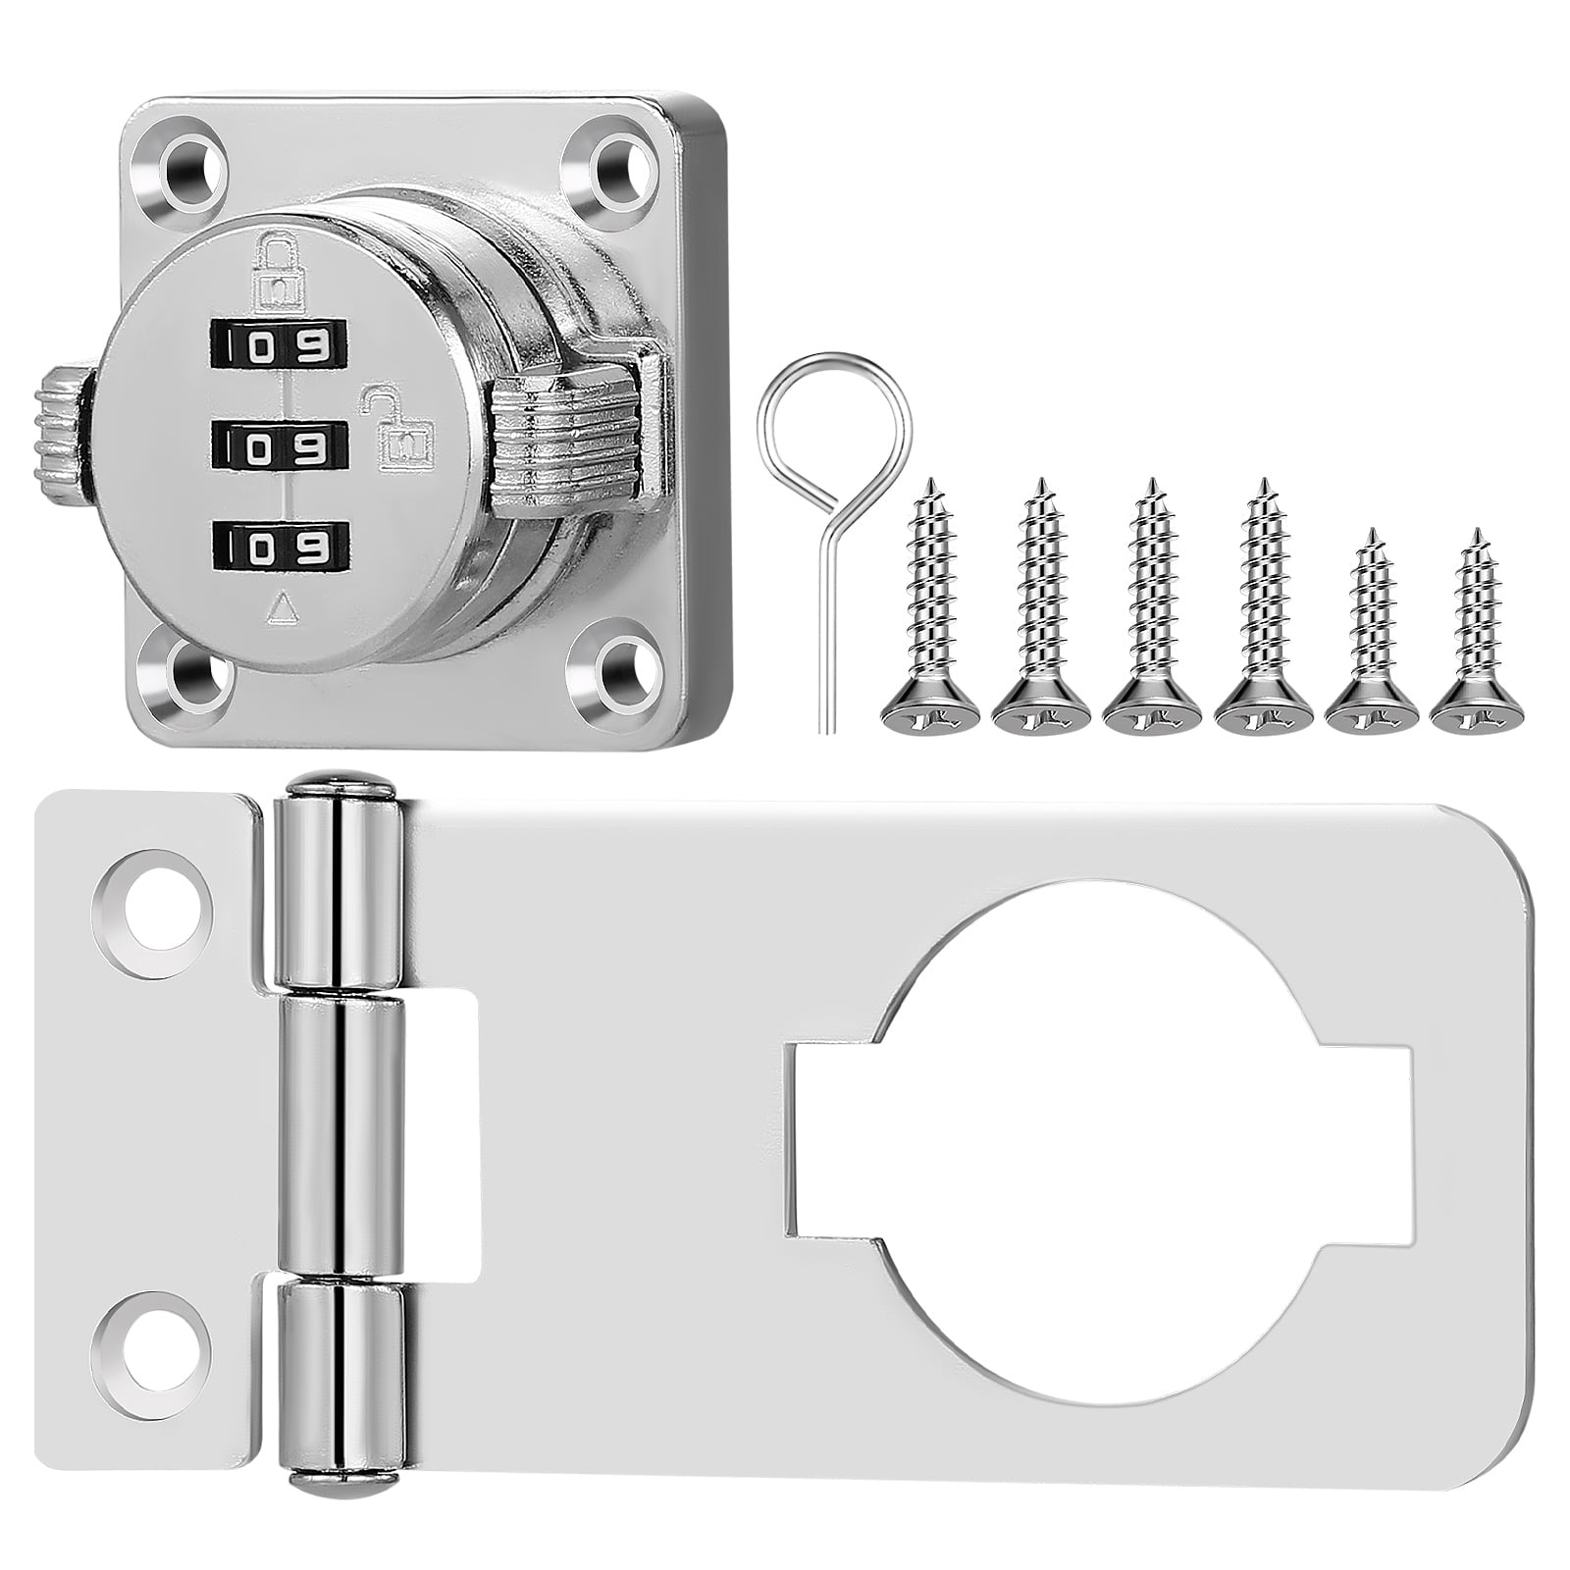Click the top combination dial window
click(279, 344)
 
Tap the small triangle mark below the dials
click(283, 609)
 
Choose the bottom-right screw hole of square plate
click(616, 675)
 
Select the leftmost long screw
click(930, 608)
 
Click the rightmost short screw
click(1472, 638)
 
